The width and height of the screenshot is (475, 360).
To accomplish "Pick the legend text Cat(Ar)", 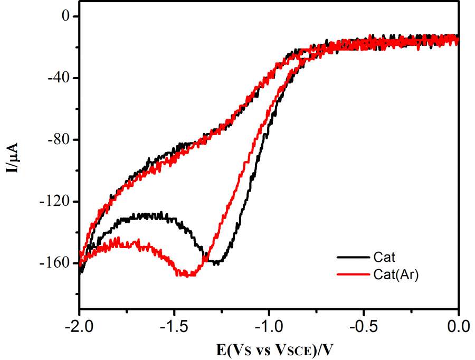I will [396, 274].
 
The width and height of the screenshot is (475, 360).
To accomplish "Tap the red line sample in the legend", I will [352, 274].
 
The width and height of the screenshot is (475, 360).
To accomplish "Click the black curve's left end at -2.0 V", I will [80, 271].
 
